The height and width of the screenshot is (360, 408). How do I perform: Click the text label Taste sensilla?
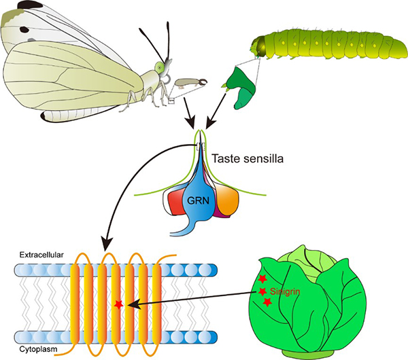pyautogui.click(x=248, y=159)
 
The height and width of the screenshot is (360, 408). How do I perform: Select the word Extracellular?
pyautogui.click(x=41, y=254)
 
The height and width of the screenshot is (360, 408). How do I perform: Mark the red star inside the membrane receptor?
pyautogui.click(x=120, y=305)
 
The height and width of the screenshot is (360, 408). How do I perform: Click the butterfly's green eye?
pyautogui.click(x=159, y=67)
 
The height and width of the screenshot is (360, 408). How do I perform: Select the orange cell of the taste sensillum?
pyautogui.click(x=226, y=201)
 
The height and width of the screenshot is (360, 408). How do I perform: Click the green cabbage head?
pyautogui.click(x=313, y=299)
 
